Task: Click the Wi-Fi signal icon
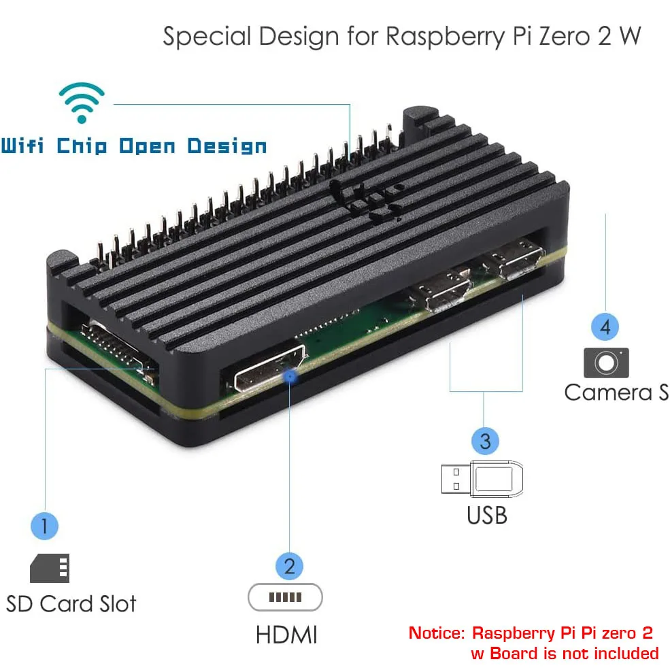pos(82,103)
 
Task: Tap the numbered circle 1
pos(45,525)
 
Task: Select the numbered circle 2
pos(289,565)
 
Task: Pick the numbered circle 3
pos(484,441)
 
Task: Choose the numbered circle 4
pos(605,326)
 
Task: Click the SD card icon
pos(50,568)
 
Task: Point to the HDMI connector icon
pos(285,598)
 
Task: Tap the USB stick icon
pos(480,478)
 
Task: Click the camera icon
pos(606,363)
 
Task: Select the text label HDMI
pos(286,635)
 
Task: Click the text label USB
pos(486,516)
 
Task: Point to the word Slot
pos(114,604)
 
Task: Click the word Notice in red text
pos(435,633)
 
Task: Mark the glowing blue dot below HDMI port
pos(292,375)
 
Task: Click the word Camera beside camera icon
pos(608,392)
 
